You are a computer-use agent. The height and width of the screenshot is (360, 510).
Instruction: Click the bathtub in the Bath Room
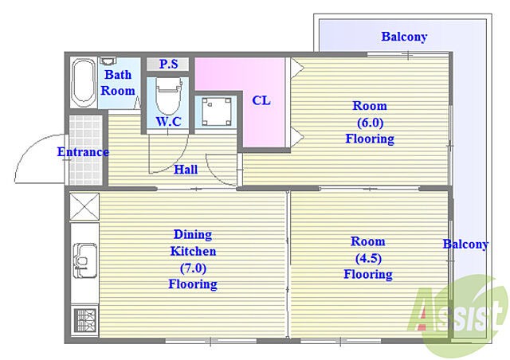(84, 83)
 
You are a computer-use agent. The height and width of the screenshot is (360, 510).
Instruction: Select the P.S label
(168, 64)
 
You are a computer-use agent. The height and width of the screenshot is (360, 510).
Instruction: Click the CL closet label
(261, 100)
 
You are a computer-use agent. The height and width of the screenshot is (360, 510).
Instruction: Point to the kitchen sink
(85, 260)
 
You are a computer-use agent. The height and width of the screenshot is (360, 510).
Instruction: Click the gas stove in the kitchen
(84, 321)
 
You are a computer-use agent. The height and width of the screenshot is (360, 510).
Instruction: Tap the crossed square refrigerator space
(84, 207)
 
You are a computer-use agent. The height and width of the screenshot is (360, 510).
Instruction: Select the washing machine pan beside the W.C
(216, 112)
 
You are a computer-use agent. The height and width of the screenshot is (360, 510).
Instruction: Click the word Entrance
(83, 152)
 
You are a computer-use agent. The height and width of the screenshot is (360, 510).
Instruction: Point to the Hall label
(186, 170)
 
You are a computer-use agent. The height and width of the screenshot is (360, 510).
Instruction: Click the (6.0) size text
(370, 123)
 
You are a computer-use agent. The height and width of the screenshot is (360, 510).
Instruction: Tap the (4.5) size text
(368, 258)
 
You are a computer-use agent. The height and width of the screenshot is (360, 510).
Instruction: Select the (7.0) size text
(193, 268)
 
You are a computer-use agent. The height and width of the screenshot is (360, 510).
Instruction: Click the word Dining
(193, 234)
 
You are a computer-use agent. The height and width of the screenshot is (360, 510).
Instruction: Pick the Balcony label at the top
(404, 37)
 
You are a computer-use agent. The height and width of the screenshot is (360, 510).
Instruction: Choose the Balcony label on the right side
(465, 245)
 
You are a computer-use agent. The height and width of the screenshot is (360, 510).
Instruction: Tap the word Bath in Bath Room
(118, 75)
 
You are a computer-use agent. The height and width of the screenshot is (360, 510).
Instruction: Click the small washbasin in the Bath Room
(108, 61)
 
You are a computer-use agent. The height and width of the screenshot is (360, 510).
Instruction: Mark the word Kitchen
(193, 252)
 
